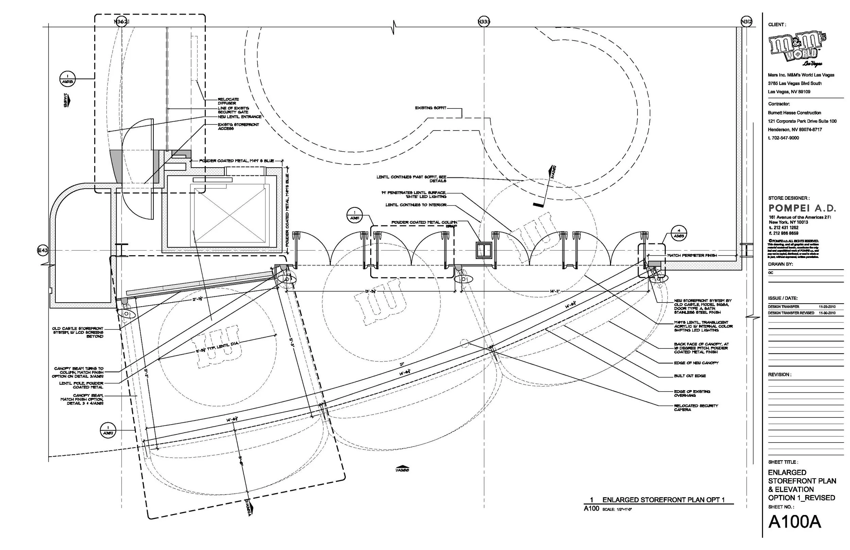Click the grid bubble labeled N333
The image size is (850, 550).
pos(483,22)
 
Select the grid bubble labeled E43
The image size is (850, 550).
pos(42,251)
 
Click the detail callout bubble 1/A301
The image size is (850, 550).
pos(354,216)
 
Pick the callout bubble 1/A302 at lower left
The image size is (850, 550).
pos(108,430)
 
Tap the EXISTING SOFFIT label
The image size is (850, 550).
pos(430,108)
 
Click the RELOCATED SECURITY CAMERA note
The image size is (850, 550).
pos(696,408)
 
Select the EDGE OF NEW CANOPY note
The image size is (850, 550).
pos(696,363)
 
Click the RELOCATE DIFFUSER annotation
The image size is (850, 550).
pos(228,101)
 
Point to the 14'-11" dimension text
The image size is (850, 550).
pos(555,291)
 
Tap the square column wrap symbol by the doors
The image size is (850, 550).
pos(484,250)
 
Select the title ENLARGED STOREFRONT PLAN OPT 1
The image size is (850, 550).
pos(663,500)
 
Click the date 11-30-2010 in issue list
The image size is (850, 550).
pos(827,313)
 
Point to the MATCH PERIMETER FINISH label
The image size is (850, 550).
pos(692,255)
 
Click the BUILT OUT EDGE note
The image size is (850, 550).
pos(690,376)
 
